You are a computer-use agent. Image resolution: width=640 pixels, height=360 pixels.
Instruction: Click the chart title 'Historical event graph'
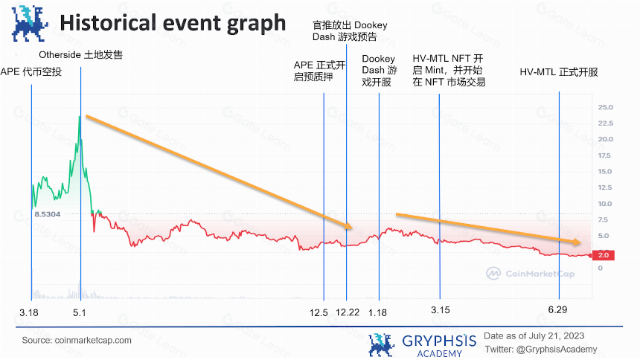pos(173,23)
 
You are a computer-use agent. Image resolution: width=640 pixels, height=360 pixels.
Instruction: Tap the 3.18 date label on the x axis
pos(29,312)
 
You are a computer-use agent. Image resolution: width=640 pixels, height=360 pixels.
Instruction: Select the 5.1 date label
pos(80,312)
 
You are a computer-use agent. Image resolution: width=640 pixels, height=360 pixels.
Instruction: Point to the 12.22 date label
pos(348,312)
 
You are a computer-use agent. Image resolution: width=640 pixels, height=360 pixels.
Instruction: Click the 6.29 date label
pos(557,310)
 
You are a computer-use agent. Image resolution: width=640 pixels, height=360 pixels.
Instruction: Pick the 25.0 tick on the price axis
pos(605,107)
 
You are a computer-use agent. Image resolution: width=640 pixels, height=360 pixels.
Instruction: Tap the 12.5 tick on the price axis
pos(605,187)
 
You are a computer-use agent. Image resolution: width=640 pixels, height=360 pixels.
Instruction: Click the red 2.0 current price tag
pos(604,255)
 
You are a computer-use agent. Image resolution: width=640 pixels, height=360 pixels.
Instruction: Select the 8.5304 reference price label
pos(48,214)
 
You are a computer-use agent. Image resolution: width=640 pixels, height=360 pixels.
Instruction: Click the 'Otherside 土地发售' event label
pos(81,55)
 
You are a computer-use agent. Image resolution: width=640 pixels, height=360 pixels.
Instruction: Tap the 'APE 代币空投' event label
pos(31,72)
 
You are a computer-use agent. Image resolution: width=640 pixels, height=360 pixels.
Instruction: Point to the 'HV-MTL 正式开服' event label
pos(559,72)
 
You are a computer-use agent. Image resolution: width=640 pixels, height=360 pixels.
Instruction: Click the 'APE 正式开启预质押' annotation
pos(319,71)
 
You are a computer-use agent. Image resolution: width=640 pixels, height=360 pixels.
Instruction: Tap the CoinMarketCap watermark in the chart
pos(530,274)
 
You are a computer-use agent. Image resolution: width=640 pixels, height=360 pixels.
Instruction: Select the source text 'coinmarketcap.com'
pos(93,341)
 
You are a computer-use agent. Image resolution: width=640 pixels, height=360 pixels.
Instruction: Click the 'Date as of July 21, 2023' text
pos(534,336)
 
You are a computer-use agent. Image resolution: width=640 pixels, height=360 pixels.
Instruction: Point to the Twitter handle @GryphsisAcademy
pos(557,350)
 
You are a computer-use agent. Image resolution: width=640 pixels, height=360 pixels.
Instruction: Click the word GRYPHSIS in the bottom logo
pos(439,341)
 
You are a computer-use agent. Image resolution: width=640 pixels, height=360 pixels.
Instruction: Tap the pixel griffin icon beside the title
pos(29,23)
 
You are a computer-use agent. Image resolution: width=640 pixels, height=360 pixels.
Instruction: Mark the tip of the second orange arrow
pos(581,242)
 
